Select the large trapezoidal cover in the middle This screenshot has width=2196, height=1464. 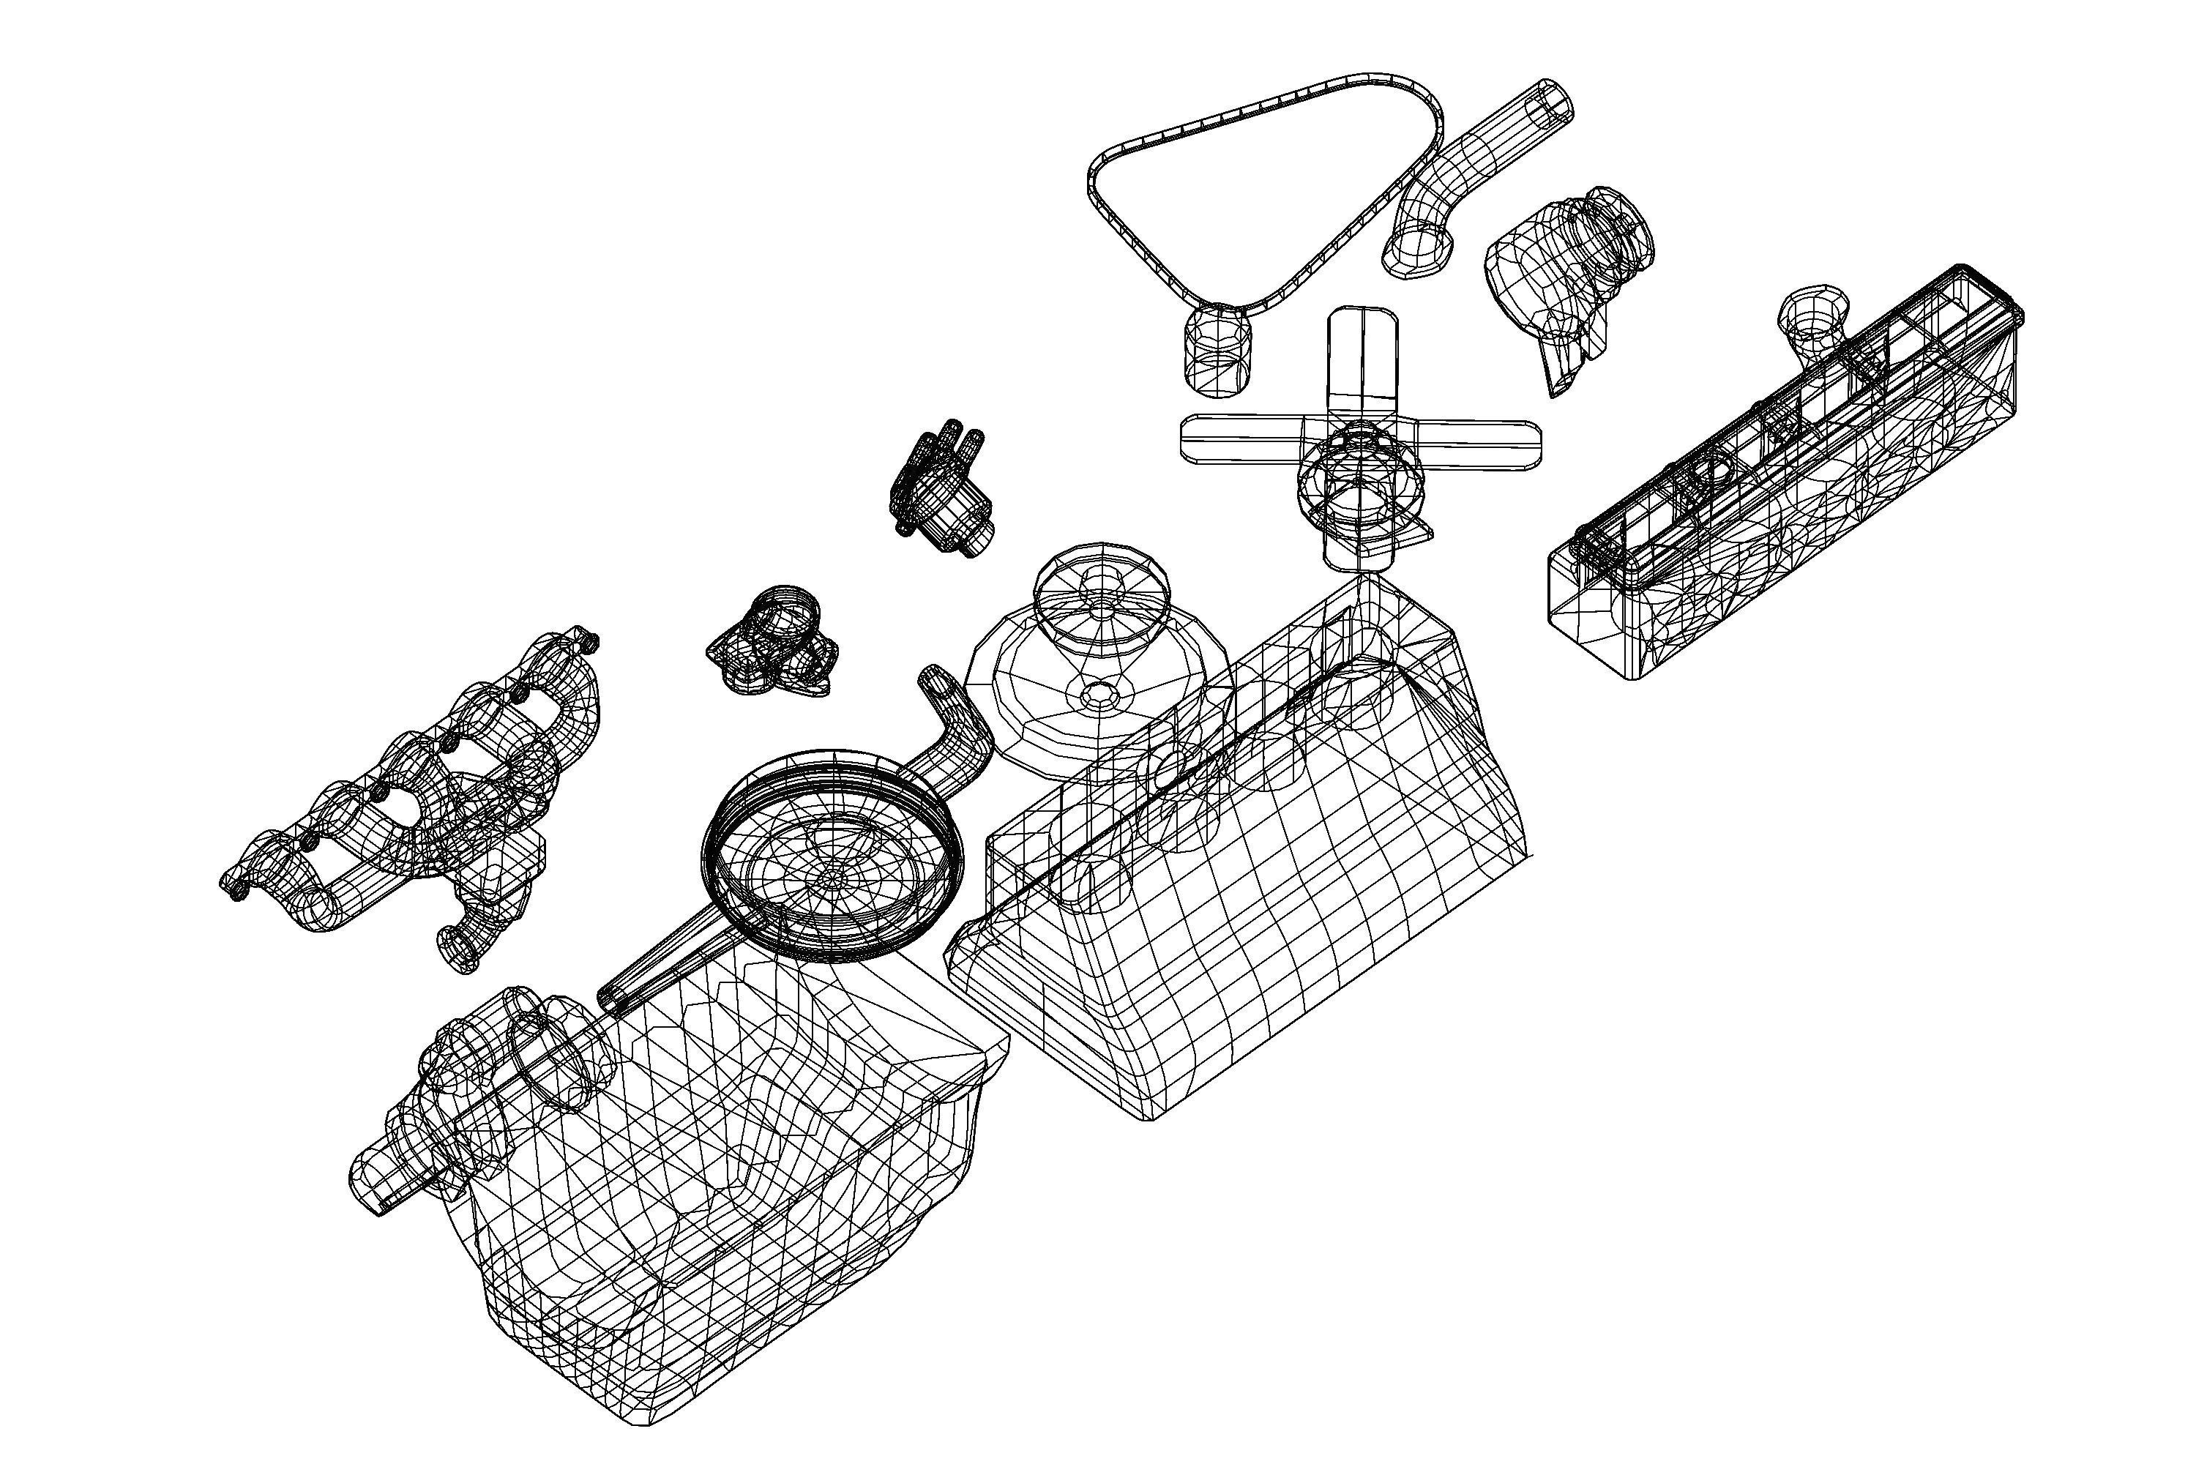1241,887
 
